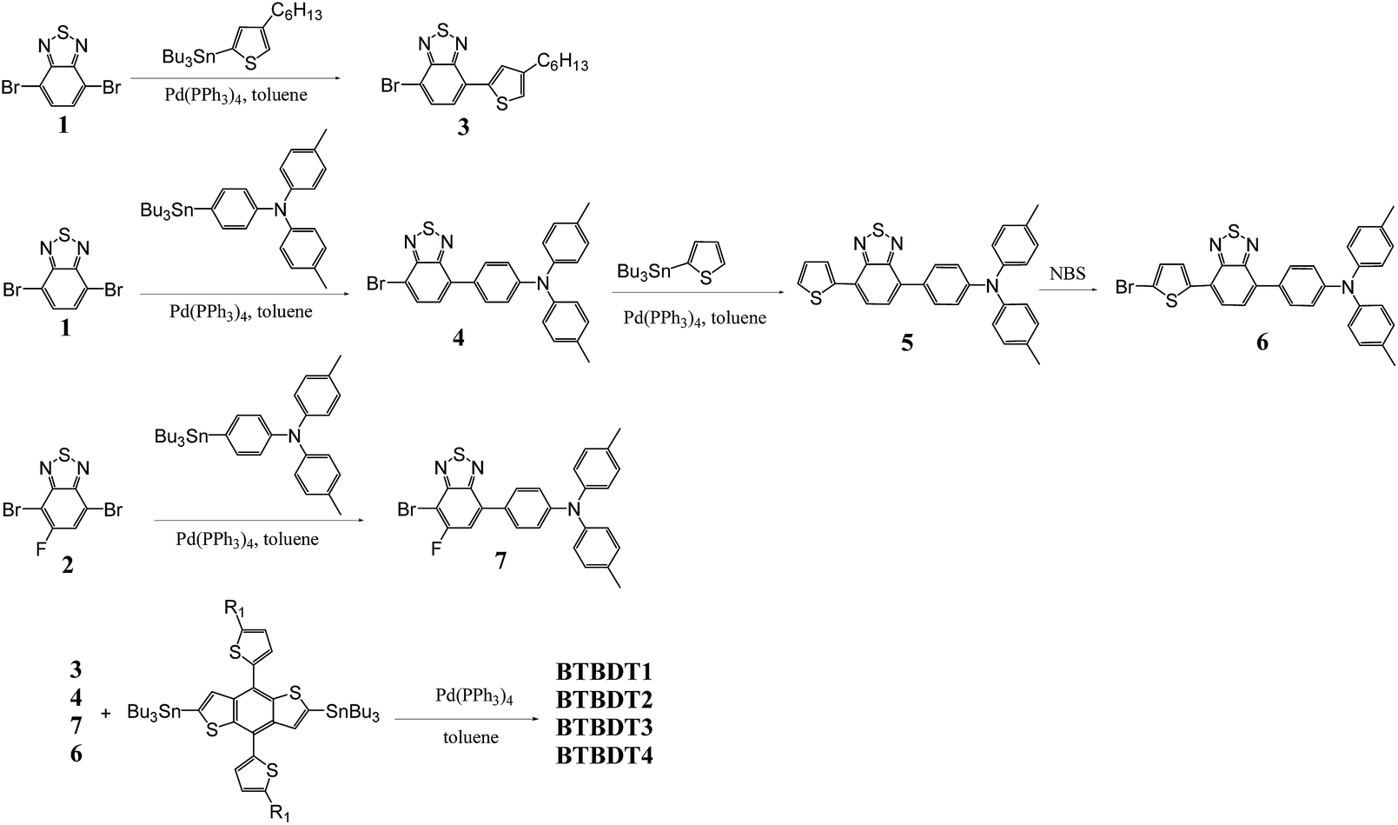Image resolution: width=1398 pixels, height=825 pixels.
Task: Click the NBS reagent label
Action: [1067, 274]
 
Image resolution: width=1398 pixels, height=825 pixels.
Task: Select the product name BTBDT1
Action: [604, 672]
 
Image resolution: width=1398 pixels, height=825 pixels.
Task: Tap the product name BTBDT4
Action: [604, 755]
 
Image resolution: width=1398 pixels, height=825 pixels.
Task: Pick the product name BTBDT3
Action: [604, 728]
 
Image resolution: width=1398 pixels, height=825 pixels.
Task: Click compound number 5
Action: [906, 343]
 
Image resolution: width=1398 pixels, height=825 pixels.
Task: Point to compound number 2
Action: [67, 566]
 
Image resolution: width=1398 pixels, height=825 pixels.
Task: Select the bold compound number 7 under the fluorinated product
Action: [500, 561]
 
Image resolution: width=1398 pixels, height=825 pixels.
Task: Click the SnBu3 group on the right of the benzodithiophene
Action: [353, 713]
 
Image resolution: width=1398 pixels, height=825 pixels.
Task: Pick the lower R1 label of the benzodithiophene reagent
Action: [281, 813]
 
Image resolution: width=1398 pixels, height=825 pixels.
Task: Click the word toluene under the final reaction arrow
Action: [472, 737]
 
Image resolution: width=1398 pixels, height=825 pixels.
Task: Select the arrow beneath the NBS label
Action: [1067, 292]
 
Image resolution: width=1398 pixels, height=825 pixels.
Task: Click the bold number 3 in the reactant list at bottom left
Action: [76, 670]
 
